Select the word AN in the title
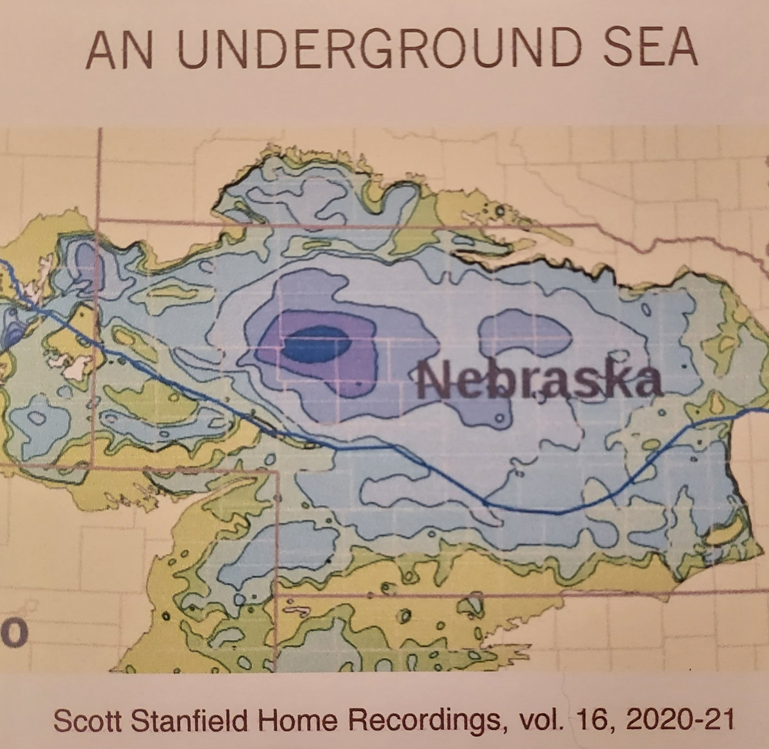[x=120, y=49]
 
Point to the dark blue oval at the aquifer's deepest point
[x=317, y=344]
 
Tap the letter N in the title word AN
[x=139, y=49]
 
